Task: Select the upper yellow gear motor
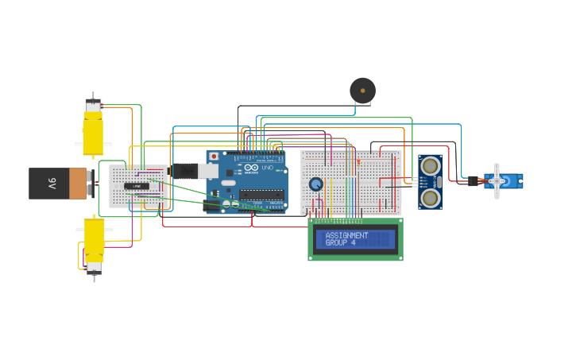pos(93,131)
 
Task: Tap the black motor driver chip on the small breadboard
pos(137,186)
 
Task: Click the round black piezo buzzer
pos(362,91)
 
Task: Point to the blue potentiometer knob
pos(315,184)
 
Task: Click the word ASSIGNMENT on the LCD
pos(346,235)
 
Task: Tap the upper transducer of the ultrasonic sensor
pos(430,166)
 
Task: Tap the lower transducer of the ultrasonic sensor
pos(430,196)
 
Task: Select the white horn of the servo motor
pos(497,181)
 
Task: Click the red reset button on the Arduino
pos(213,157)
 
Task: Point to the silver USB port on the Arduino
pos(208,171)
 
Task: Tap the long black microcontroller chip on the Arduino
pos(261,194)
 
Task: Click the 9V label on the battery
pos(52,183)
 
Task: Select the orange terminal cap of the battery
pos(78,183)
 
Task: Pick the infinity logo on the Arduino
pos(250,167)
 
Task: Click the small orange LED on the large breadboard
pos(358,162)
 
